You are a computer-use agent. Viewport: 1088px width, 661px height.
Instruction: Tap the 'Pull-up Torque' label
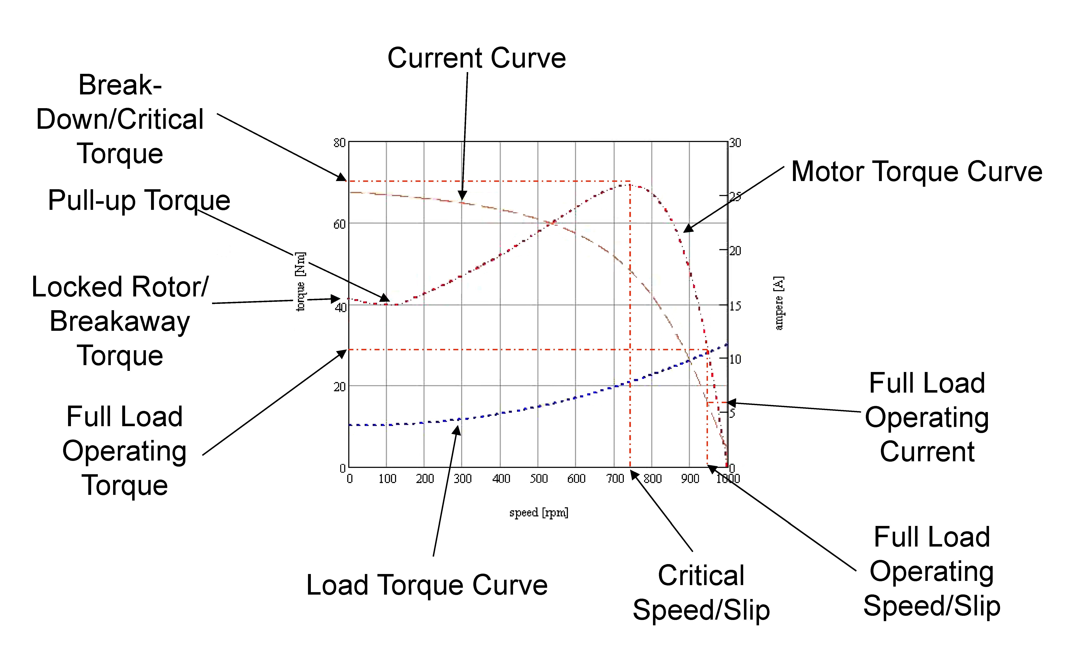pyautogui.click(x=139, y=200)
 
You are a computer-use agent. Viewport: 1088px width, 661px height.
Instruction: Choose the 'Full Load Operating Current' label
pyautogui.click(x=927, y=417)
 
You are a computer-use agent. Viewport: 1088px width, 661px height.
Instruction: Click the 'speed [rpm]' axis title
pyautogui.click(x=539, y=512)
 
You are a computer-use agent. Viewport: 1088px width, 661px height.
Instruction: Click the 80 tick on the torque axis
pyautogui.click(x=339, y=143)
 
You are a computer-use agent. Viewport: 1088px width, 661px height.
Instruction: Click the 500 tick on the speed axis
pyautogui.click(x=539, y=479)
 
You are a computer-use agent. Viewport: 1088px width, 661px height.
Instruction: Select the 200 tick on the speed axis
pyautogui.click(x=425, y=479)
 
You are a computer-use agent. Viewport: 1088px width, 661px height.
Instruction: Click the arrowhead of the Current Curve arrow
pyautogui.click(x=462, y=196)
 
